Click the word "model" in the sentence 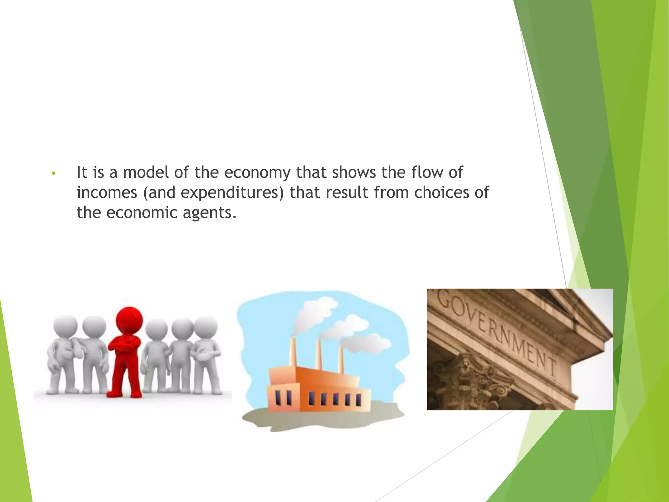click(145, 172)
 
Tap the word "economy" click(257, 173)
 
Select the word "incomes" click(107, 192)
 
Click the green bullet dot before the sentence click(54, 173)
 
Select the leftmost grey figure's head click(65, 327)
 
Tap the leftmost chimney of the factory click(293, 353)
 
